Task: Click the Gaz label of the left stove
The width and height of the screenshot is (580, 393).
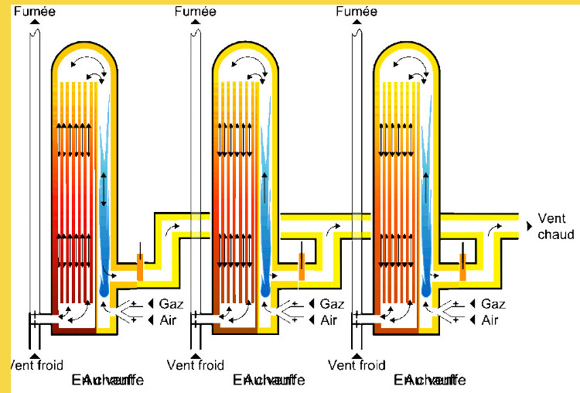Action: [170, 304]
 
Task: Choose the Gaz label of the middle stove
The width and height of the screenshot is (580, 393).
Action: [332, 304]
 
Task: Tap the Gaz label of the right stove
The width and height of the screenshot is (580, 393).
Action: [493, 304]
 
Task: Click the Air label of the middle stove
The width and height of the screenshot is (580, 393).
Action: [329, 320]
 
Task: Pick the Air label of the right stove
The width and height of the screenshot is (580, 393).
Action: [490, 320]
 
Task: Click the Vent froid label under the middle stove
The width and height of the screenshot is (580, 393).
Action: [195, 365]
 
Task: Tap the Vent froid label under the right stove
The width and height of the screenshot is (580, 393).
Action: [357, 365]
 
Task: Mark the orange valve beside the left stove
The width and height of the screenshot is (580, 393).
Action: [140, 267]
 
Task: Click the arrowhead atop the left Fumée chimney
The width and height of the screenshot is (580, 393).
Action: [34, 21]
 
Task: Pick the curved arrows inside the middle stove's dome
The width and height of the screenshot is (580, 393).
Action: [258, 68]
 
